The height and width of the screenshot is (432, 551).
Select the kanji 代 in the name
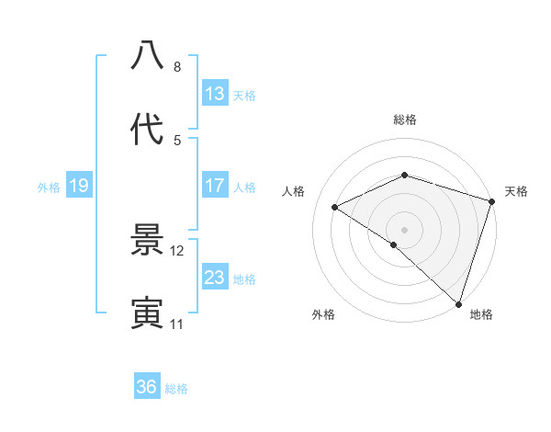147,129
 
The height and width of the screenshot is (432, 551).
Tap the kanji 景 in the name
147,241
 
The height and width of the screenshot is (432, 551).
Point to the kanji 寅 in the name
147,313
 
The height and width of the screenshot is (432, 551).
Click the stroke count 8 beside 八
177,67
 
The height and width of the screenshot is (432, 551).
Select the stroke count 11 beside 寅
177,324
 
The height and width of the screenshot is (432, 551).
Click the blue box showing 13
215,94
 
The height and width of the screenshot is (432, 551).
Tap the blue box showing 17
215,186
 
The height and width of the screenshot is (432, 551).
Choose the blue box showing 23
215,278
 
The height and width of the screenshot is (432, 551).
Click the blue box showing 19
79,187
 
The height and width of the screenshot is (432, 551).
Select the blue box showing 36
147,387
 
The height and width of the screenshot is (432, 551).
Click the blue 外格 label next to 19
49,188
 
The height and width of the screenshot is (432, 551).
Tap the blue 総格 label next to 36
176,389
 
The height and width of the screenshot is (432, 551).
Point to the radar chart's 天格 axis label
516,191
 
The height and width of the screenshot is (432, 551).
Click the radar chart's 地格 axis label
481,314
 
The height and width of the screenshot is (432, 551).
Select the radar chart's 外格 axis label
323,314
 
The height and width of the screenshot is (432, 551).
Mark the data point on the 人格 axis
335,208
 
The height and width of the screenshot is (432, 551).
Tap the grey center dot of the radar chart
404,229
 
